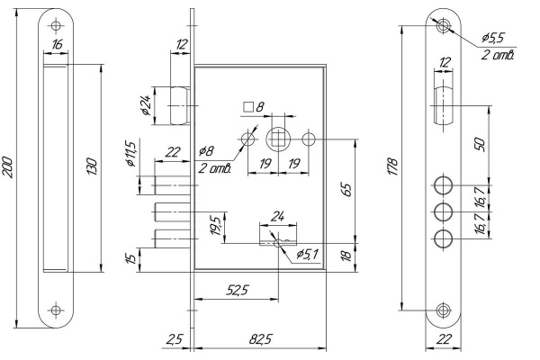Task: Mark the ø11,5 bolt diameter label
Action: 130,155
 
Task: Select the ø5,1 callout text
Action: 309,255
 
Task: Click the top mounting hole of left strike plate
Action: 56,24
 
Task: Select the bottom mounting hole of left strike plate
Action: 56,310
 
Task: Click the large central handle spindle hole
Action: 278,140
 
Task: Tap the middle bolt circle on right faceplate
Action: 442,213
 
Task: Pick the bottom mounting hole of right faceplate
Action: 442,310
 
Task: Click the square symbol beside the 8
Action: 248,107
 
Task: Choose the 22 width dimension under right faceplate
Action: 442,339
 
